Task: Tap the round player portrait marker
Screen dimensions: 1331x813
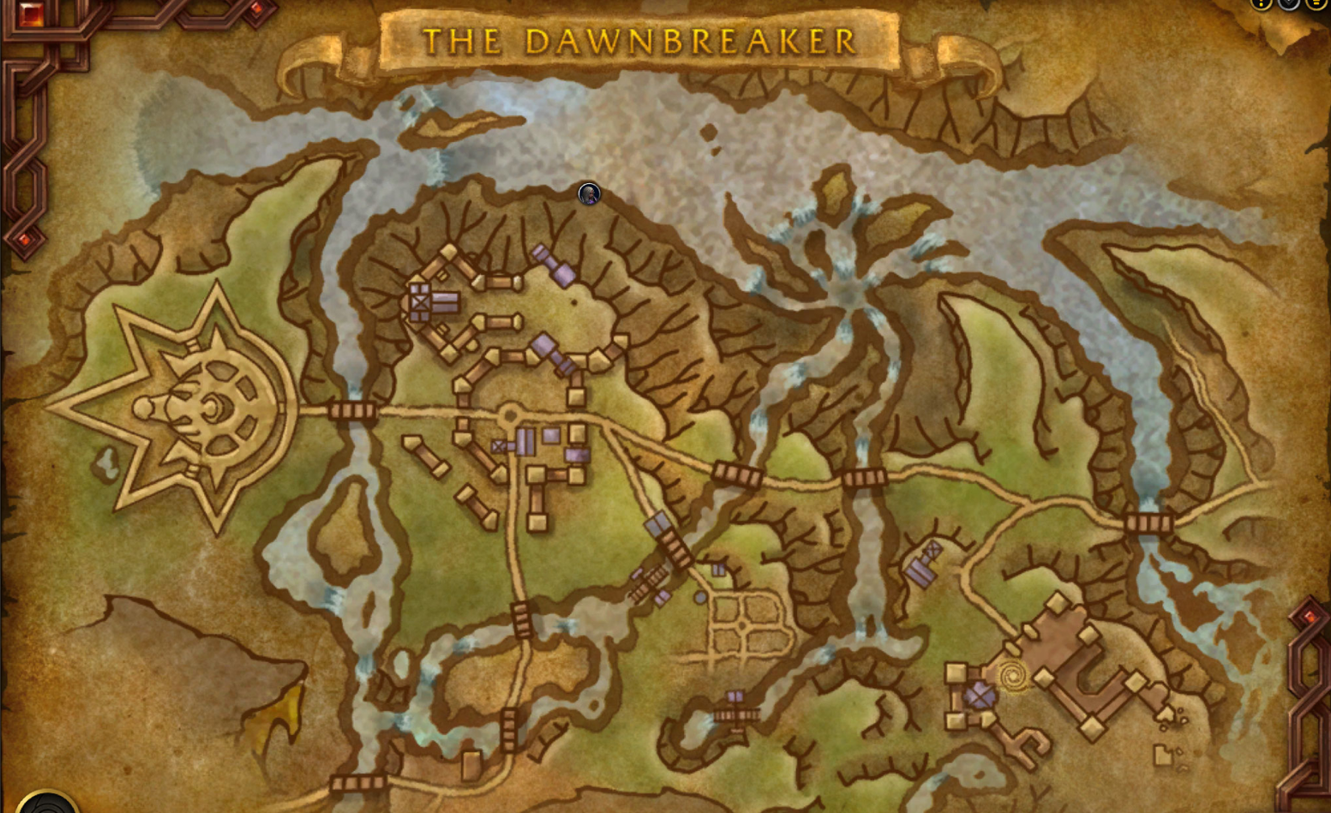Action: pyautogui.click(x=589, y=194)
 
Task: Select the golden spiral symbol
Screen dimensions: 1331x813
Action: pyautogui.click(x=1012, y=676)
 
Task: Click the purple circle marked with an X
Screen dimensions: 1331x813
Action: pyautogui.click(x=979, y=694)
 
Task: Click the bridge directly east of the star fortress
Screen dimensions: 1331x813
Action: pyautogui.click(x=353, y=411)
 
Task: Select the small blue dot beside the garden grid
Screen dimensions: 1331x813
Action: pyautogui.click(x=700, y=598)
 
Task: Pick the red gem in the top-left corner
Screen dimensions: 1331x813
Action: pyautogui.click(x=30, y=14)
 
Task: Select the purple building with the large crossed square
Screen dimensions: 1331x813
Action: pyautogui.click(x=420, y=303)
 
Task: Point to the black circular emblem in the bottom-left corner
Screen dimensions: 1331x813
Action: pyautogui.click(x=47, y=803)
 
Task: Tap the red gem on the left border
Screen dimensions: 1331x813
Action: pyautogui.click(x=24, y=240)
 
